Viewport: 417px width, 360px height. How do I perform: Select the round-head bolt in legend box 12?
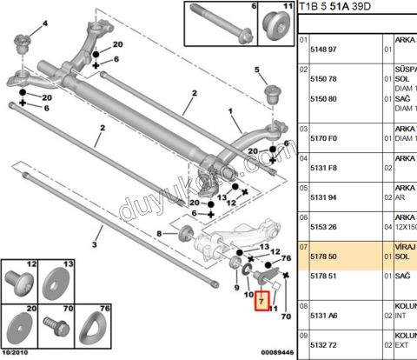(x=19, y=282)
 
